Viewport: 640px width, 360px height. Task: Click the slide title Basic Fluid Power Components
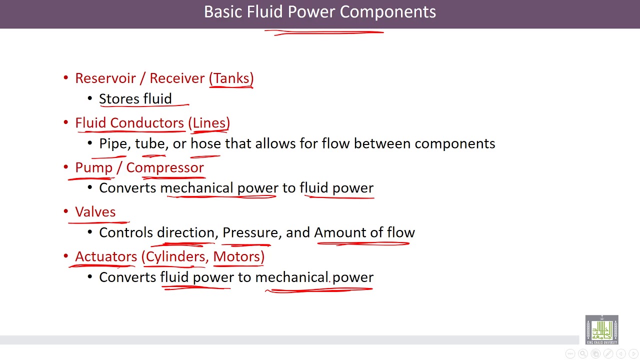point(320,12)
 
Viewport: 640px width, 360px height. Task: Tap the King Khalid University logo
point(602,329)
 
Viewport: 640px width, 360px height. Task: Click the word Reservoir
point(105,78)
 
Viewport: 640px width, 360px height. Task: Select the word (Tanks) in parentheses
point(231,78)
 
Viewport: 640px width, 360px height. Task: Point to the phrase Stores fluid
point(135,99)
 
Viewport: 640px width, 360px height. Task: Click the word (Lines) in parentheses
point(209,123)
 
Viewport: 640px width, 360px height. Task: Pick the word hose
point(205,144)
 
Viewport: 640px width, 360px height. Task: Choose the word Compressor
point(165,167)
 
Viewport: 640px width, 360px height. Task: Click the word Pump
point(94,168)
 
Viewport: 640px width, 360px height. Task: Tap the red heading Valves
point(95,212)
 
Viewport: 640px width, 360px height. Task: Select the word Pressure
point(250,232)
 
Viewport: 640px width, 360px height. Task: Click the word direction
point(185,232)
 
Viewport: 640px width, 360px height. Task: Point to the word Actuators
point(106,256)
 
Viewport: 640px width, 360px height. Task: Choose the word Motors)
point(239,256)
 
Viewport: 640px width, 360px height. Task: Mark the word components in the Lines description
point(455,144)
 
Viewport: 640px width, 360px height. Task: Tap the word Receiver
point(177,78)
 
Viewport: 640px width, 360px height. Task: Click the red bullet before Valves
point(65,211)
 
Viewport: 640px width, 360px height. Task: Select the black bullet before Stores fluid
point(90,99)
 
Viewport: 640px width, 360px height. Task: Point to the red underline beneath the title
point(324,33)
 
